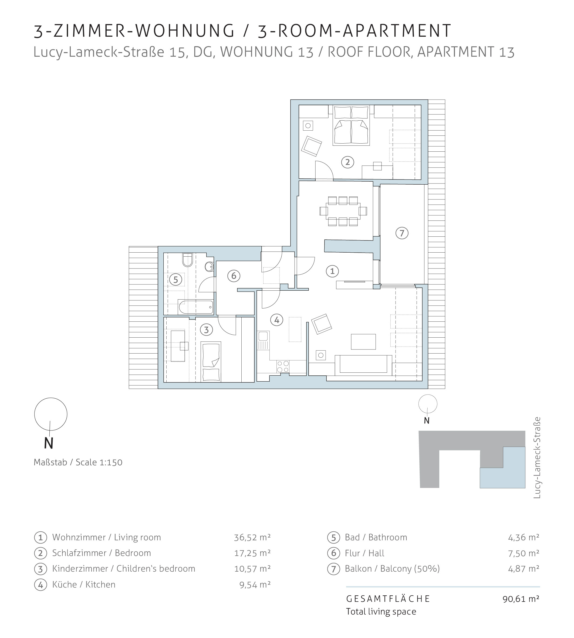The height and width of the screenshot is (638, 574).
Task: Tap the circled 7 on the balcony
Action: tap(402, 233)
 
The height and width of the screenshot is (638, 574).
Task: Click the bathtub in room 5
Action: tap(196, 307)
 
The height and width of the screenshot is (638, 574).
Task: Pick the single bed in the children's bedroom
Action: tap(211, 362)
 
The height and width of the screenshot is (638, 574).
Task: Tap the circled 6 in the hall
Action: tap(234, 276)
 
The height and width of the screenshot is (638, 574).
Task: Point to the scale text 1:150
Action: tap(111, 462)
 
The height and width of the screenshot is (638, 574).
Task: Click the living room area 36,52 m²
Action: tap(252, 537)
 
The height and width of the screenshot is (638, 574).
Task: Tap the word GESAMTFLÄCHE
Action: tap(388, 599)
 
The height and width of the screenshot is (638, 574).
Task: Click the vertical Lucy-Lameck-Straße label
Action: tap(537, 458)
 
